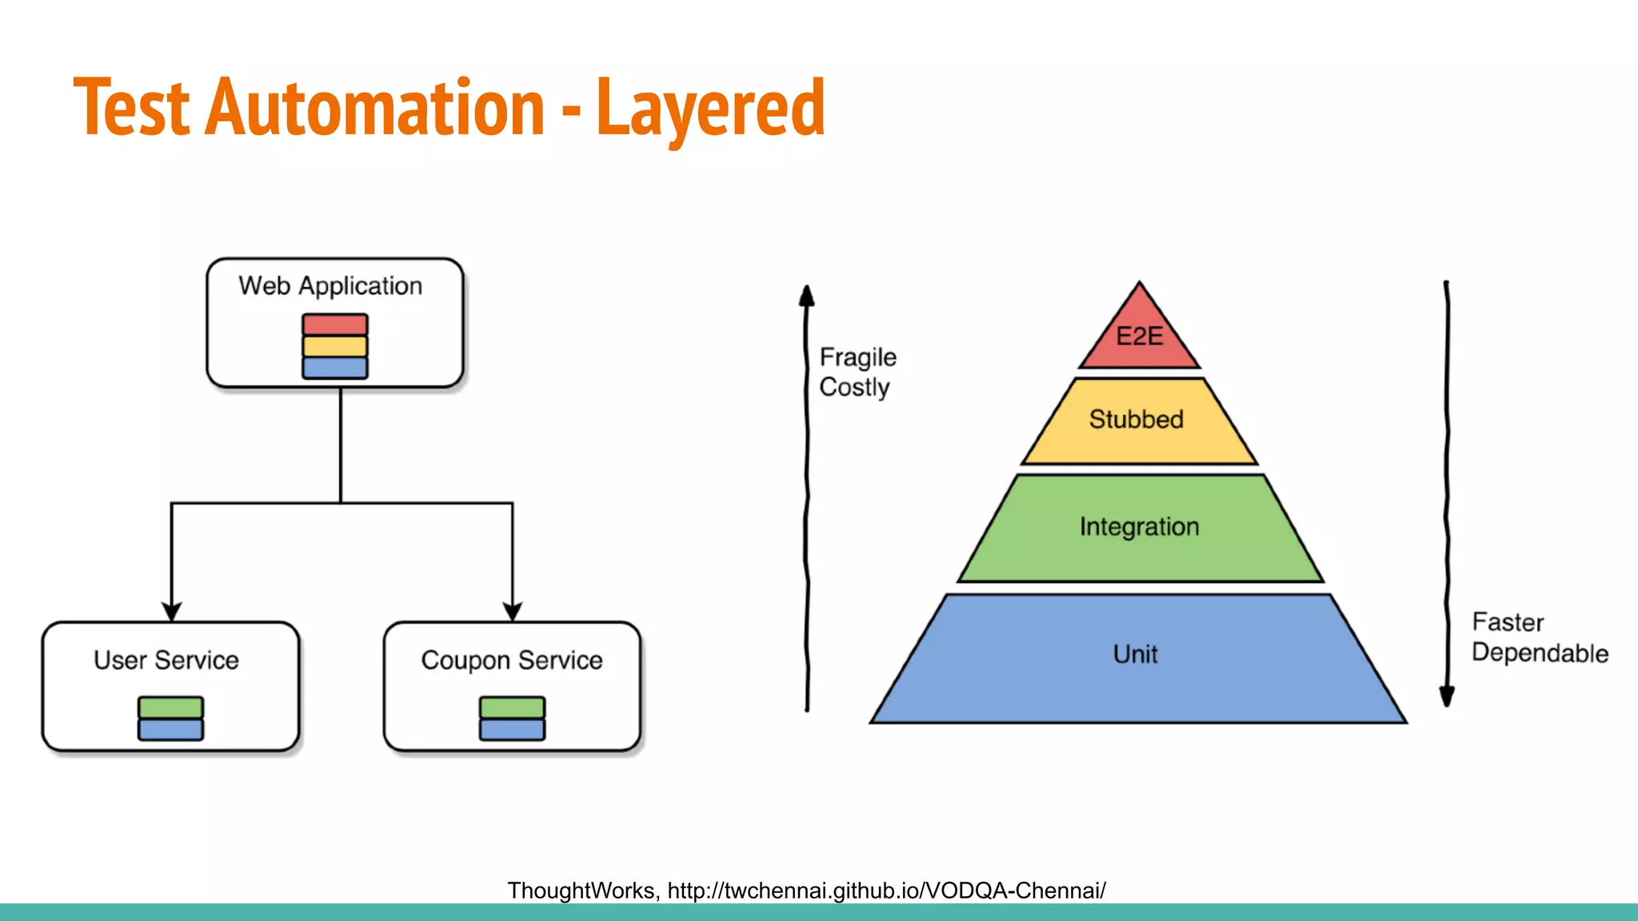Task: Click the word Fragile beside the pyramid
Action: click(x=858, y=357)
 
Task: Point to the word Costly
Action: click(x=854, y=388)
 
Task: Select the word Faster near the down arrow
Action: click(x=1508, y=623)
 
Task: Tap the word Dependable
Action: click(x=1540, y=653)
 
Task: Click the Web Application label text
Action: click(x=330, y=286)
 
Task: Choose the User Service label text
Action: click(x=166, y=660)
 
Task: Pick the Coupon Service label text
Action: click(x=512, y=660)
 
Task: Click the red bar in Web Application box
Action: click(x=335, y=325)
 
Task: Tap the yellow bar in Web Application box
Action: click(x=335, y=346)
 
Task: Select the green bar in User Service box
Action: click(x=170, y=708)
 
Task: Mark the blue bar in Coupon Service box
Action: click(x=512, y=729)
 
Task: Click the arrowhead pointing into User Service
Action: click(x=171, y=612)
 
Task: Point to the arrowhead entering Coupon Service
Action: click(x=513, y=612)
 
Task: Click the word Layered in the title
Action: click(x=710, y=108)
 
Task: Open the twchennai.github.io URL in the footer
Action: click(x=886, y=891)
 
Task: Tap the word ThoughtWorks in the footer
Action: click(x=581, y=891)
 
